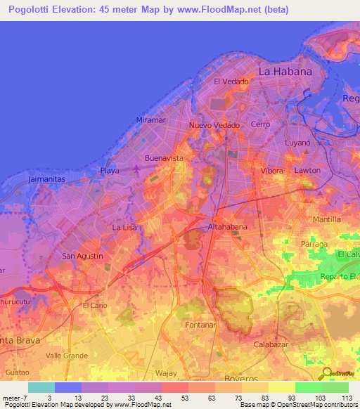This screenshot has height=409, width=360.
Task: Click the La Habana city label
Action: [285, 72]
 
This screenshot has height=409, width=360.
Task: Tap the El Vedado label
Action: [231, 82]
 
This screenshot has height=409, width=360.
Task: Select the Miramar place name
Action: [150, 120]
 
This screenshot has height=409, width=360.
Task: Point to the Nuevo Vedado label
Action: [214, 125]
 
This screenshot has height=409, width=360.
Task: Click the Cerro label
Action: [260, 124]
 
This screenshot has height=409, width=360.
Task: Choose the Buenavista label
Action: [164, 158]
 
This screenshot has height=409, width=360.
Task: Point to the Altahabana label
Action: [227, 227]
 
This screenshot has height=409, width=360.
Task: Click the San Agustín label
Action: [83, 256]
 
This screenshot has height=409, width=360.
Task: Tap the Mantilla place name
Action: [326, 220]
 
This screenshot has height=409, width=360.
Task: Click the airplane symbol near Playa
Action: [136, 169]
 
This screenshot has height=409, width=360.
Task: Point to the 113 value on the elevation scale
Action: [346, 398]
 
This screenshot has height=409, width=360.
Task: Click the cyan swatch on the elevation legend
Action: [41, 387]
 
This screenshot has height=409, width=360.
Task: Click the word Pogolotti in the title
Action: [32, 10]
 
